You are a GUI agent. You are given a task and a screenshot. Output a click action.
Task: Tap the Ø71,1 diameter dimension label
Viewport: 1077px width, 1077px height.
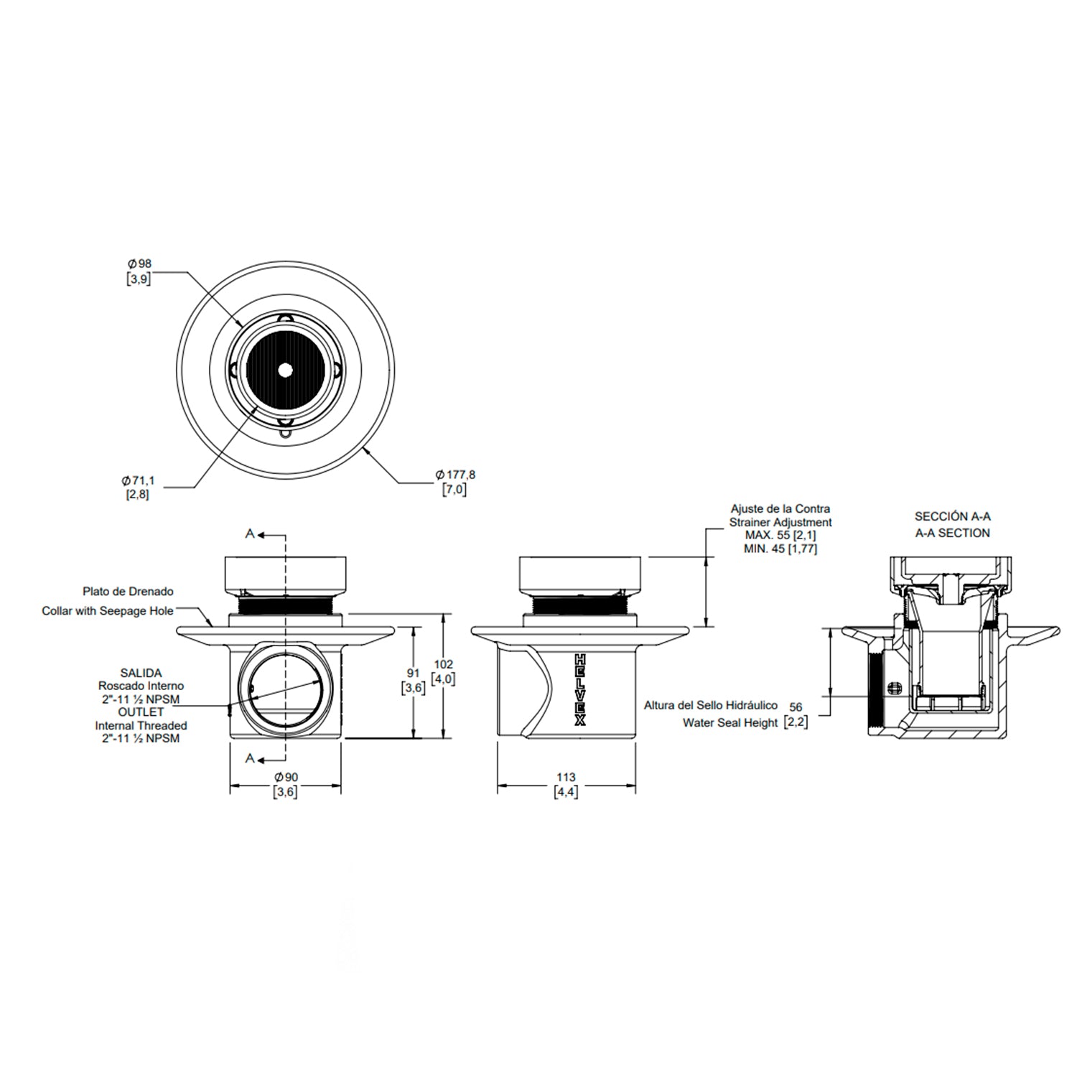[138, 480]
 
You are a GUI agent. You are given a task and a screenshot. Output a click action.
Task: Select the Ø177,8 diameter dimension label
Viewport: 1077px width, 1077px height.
[455, 475]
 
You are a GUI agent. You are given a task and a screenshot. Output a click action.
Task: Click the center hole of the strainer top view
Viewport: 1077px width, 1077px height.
[286, 370]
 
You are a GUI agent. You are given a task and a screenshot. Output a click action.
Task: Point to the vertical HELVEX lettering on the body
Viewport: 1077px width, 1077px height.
[580, 690]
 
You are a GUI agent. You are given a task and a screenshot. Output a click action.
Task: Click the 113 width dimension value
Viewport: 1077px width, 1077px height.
[566, 777]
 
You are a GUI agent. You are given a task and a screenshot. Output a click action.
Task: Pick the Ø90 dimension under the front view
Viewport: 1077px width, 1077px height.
[286, 778]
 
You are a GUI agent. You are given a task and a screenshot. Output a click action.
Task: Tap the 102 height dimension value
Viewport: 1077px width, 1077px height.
[444, 664]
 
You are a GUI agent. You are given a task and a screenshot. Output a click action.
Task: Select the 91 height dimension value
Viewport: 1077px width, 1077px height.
[413, 673]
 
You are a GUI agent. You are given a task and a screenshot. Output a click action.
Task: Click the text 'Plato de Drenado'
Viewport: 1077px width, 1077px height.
[128, 592]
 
